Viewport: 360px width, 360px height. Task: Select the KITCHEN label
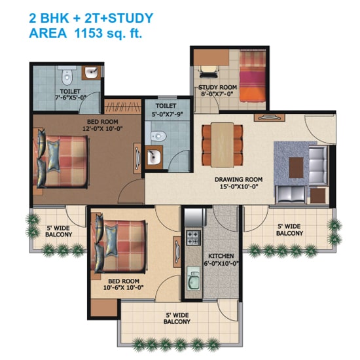click(221, 256)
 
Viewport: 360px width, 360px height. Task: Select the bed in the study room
click(250, 77)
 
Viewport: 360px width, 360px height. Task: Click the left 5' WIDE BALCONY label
click(59, 231)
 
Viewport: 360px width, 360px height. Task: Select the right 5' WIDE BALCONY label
click(289, 230)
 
